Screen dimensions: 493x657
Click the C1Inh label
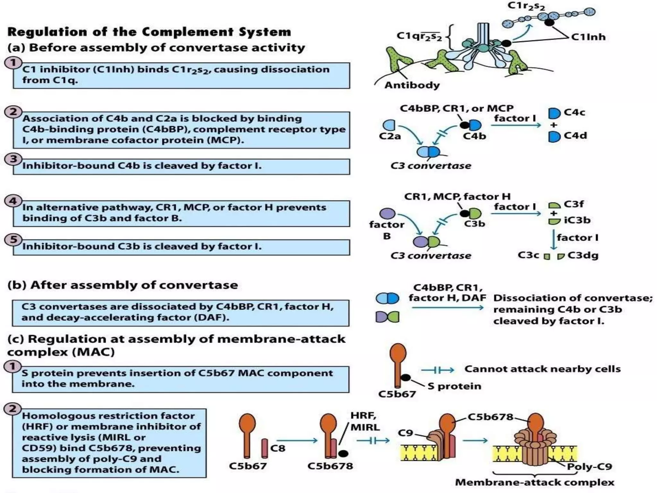click(588, 37)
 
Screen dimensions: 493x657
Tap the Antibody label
click(412, 85)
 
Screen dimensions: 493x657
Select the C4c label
click(574, 112)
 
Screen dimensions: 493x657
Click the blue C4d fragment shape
click(554, 136)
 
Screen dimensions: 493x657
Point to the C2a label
click(390, 136)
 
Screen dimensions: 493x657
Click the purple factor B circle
click(387, 213)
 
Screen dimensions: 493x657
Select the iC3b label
click(577, 220)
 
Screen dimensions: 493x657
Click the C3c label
click(528, 255)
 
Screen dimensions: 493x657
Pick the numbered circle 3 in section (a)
click(13, 159)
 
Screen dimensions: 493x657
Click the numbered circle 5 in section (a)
click(13, 239)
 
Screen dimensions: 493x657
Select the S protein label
click(454, 386)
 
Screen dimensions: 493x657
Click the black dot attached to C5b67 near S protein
click(405, 377)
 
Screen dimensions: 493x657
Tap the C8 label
click(277, 448)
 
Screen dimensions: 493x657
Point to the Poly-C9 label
click(589, 466)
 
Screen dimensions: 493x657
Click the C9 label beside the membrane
click(405, 433)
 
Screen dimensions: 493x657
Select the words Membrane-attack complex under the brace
click(534, 482)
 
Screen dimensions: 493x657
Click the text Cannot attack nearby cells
click(542, 369)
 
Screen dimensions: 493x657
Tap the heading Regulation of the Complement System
click(149, 32)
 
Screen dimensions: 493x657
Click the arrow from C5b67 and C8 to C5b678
click(297, 441)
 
